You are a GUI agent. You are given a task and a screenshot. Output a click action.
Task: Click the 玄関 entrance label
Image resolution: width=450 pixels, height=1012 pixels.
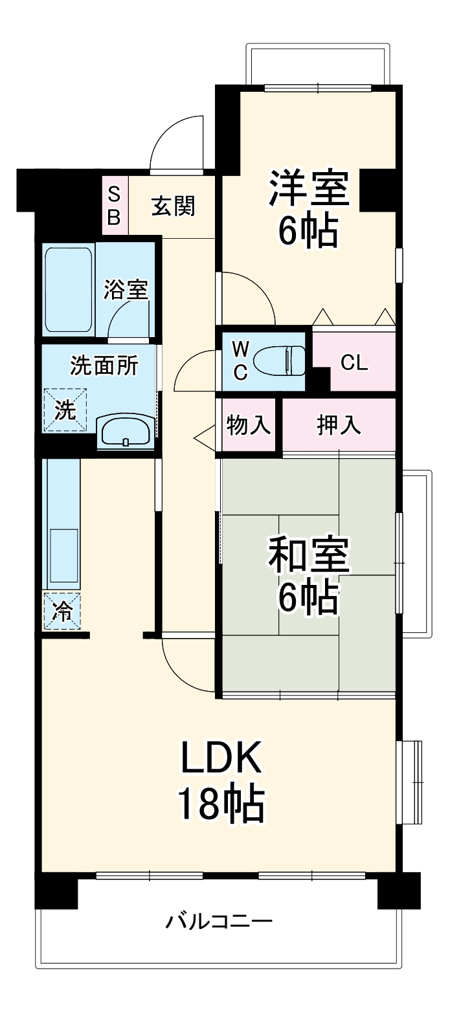click(173, 207)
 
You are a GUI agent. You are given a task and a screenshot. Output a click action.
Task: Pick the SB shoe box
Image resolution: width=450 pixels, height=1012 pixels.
click(114, 206)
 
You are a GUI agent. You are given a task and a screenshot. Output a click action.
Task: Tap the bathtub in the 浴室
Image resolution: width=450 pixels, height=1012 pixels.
click(68, 289)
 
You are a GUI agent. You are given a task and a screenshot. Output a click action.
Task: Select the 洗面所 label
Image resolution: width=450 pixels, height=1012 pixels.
click(104, 367)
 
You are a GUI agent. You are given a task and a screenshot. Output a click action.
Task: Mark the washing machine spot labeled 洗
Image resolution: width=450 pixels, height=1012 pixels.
click(64, 409)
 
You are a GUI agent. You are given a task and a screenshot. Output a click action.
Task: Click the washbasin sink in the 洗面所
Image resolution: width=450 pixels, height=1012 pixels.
click(126, 431)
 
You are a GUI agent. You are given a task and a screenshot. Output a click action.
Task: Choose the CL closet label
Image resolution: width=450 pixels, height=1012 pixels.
click(354, 363)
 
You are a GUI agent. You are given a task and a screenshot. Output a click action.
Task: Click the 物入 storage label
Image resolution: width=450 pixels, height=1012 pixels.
click(248, 426)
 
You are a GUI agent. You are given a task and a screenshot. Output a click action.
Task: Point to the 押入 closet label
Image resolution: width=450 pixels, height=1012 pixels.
click(338, 426)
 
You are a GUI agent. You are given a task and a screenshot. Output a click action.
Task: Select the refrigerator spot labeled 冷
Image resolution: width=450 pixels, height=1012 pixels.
click(63, 611)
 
